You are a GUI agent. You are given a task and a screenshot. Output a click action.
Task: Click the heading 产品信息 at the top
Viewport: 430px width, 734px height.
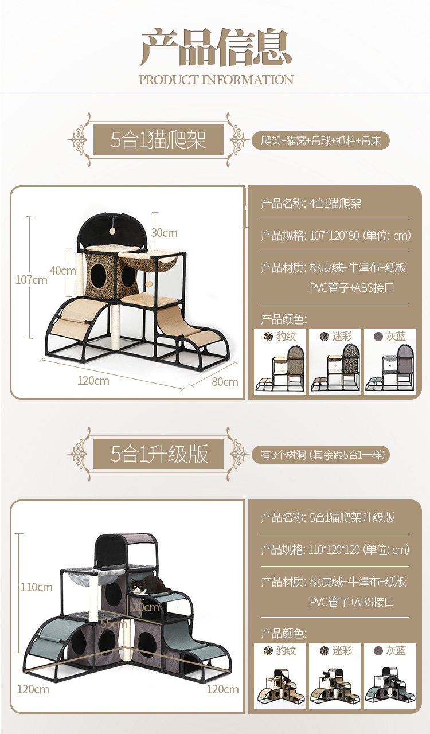pyautogui.click(x=216, y=47)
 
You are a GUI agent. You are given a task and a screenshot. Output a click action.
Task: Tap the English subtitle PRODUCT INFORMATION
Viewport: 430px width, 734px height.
pyautogui.click(x=216, y=80)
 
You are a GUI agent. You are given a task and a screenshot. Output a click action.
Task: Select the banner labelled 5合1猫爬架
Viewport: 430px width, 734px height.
pyautogui.click(x=158, y=140)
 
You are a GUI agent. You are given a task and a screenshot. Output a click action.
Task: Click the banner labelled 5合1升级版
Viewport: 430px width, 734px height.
pyautogui.click(x=158, y=454)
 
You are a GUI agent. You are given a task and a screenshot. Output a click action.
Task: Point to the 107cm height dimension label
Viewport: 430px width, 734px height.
pyautogui.click(x=32, y=280)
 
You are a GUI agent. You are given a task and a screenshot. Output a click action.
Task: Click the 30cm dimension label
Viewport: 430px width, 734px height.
pyautogui.click(x=164, y=233)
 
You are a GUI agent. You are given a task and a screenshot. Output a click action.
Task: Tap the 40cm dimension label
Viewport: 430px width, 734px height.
pyautogui.click(x=62, y=271)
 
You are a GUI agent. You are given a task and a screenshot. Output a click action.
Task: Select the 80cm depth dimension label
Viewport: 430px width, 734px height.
pyautogui.click(x=225, y=381)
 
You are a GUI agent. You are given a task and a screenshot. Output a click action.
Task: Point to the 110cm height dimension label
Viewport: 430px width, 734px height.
pyautogui.click(x=36, y=587)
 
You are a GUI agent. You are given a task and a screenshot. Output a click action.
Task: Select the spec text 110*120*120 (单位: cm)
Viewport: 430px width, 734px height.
pyautogui.click(x=359, y=550)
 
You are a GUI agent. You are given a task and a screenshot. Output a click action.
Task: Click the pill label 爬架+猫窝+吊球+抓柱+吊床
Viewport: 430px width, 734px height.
pyautogui.click(x=320, y=140)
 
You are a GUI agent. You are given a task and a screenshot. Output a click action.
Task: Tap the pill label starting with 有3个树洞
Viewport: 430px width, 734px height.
pyautogui.click(x=321, y=455)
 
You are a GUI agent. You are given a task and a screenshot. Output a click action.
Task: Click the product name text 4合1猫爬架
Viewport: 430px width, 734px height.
pyautogui.click(x=335, y=204)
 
